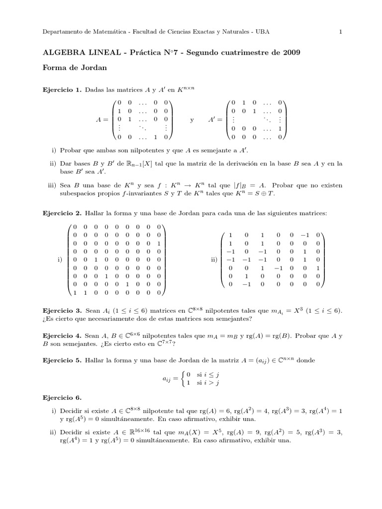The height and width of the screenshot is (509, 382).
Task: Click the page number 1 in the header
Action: tap(340, 32)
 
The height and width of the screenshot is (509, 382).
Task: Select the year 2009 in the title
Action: tap(291, 53)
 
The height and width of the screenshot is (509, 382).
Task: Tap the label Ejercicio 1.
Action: tap(63, 90)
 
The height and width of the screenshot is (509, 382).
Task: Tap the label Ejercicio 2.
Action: tap(63, 213)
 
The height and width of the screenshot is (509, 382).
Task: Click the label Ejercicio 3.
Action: tap(63, 310)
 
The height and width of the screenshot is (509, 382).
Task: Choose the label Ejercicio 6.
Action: tap(63, 398)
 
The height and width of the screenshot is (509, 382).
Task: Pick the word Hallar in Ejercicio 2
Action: tap(95, 213)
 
